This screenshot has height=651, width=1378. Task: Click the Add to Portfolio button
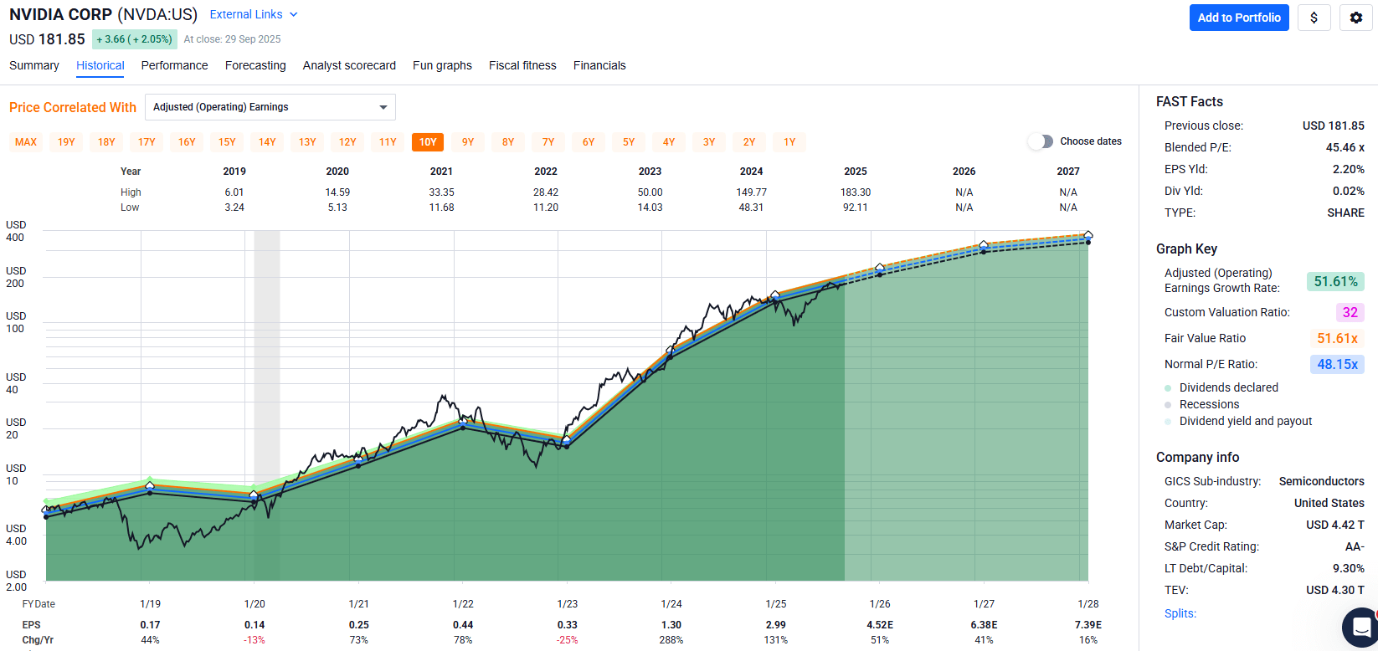point(1239,18)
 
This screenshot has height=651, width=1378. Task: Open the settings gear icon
point(1355,18)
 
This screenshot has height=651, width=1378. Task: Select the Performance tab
point(174,65)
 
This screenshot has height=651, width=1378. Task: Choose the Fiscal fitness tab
point(522,65)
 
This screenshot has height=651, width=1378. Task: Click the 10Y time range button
point(428,142)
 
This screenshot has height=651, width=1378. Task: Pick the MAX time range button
point(26,142)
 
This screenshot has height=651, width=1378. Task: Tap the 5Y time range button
point(629,142)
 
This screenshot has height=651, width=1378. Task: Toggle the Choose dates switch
point(1041,141)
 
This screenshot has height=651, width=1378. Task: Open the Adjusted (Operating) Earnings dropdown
point(270,107)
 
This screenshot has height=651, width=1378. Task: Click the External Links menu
point(253,14)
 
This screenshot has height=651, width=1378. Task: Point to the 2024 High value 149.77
point(751,192)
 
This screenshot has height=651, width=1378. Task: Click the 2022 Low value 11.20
point(546,208)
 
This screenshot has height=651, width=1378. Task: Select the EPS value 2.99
point(775,625)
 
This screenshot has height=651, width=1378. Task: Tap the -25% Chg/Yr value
point(567,640)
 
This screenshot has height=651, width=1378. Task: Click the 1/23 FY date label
point(567,604)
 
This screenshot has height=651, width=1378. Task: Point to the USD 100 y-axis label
point(15,322)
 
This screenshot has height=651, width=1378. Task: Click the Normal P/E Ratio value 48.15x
point(1337,364)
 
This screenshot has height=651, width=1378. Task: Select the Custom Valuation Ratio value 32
point(1350,312)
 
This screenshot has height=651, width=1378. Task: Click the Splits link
point(1180,613)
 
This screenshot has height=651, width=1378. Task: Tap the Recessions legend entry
point(1209,404)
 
